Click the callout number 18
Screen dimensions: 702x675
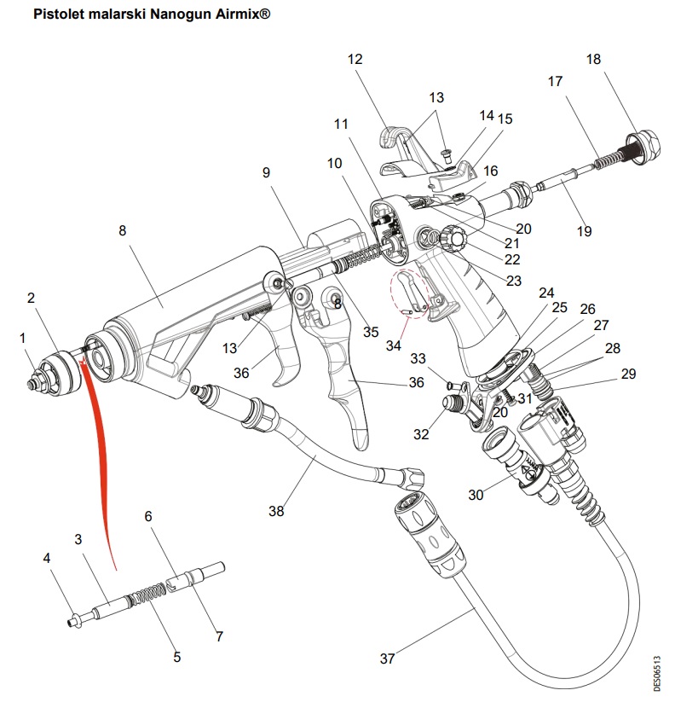593,59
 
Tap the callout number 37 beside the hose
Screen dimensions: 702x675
388,658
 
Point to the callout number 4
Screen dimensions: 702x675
47,558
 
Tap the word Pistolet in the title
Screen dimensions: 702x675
60,15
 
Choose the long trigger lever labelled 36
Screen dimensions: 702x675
345,375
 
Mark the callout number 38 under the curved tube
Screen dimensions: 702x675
275,511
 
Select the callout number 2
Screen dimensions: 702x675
31,298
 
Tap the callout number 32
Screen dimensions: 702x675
420,433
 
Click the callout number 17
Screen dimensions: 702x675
555,82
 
